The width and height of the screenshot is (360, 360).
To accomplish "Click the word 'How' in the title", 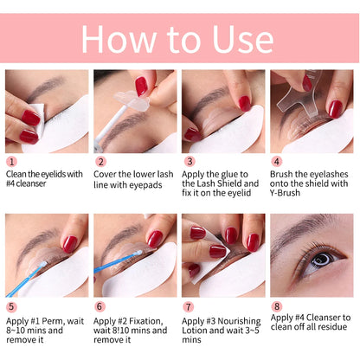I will point(121,40).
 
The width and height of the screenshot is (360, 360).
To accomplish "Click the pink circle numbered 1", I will point(11,161).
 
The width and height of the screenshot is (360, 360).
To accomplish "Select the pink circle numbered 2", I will point(100,161).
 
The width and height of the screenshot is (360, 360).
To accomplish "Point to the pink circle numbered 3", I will point(189,161).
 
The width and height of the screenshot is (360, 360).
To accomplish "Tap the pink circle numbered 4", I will point(277,161).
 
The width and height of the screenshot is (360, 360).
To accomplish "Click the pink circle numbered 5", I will point(11,306).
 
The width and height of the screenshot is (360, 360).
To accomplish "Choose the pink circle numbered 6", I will point(100,306).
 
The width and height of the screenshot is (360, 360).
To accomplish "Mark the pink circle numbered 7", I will point(189,306).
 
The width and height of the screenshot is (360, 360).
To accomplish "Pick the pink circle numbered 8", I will point(277,306).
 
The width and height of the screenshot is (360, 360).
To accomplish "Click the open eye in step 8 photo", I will point(320,260).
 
